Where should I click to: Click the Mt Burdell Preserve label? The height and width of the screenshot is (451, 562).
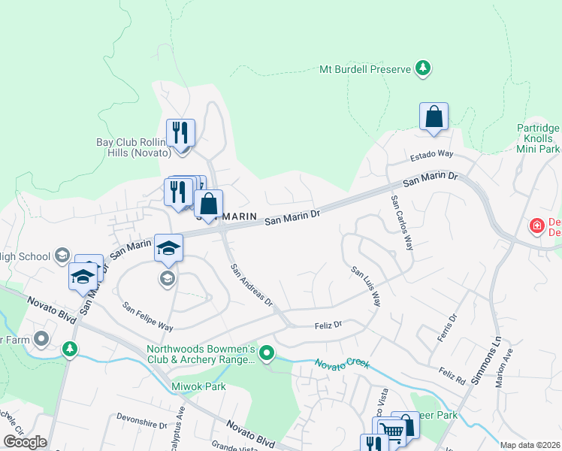[x=364, y=69]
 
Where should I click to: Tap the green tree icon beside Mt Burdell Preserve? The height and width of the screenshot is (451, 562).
[x=423, y=69]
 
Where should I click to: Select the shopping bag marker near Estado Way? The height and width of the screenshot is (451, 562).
[x=434, y=117]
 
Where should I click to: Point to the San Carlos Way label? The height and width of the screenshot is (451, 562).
[x=402, y=223]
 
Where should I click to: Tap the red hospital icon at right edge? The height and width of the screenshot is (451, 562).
[x=536, y=225]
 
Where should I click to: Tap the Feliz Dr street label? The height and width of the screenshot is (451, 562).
[x=328, y=325]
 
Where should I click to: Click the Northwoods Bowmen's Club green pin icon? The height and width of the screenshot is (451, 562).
[x=266, y=352]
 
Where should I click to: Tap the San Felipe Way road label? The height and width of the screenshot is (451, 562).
[x=148, y=318]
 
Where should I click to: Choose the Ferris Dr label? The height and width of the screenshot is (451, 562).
[x=447, y=328]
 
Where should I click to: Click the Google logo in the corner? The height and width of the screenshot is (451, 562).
[x=25, y=442]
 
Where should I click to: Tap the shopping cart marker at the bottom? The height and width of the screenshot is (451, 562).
[x=391, y=431]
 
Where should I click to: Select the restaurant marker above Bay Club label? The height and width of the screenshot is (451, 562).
[x=180, y=134]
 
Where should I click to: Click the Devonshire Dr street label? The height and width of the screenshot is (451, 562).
[x=142, y=424]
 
